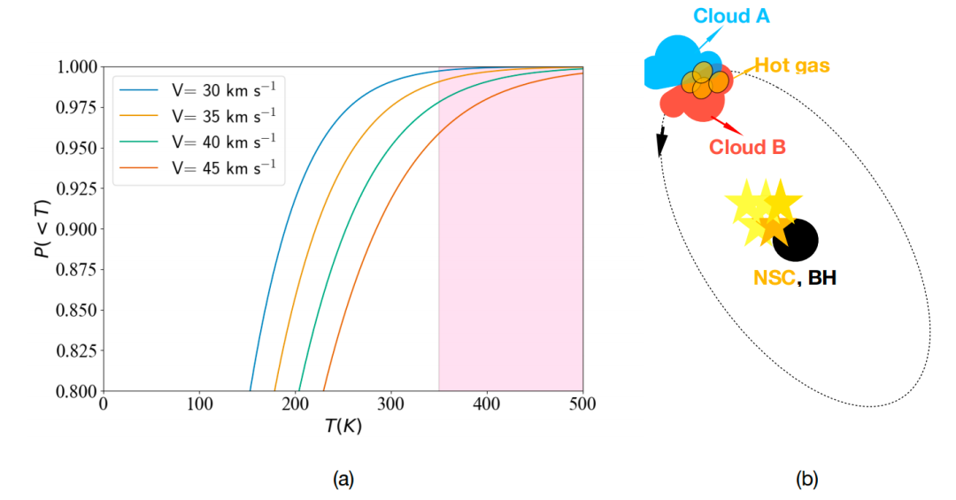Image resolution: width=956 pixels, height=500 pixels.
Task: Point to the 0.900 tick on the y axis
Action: tap(78, 229)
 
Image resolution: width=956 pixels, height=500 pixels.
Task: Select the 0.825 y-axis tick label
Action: tap(78, 350)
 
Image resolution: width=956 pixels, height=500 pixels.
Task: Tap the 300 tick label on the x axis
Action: tap(391, 404)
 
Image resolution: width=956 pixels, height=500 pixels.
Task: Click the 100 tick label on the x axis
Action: tap(199, 404)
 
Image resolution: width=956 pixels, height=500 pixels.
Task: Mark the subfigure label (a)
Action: tap(343, 480)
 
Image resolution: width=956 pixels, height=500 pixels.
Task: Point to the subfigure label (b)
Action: tap(806, 480)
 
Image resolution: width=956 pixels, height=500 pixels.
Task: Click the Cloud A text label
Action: tap(731, 16)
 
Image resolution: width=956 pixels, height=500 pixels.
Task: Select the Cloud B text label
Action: tap(747, 147)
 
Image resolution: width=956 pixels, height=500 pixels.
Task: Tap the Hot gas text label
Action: tap(791, 65)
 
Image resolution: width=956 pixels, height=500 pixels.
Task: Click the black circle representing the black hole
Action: tap(796, 239)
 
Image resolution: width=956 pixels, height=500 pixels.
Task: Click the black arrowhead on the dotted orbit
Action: tap(660, 142)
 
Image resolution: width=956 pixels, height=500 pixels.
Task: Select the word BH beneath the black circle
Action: tap(821, 278)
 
